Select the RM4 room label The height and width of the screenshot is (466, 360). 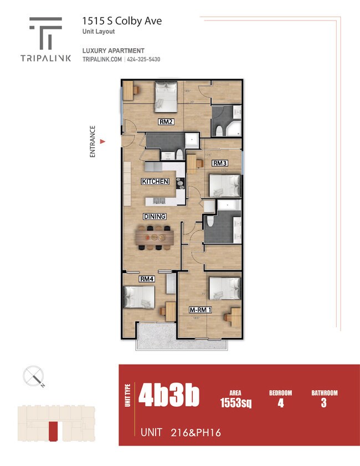coord(146,279)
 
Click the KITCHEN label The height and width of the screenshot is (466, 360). coord(155,182)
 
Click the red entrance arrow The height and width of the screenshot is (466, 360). coord(102,142)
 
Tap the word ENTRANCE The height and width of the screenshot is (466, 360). coord(92,142)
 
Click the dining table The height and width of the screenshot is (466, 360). coord(155,237)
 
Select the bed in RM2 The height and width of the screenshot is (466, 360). coord(165,95)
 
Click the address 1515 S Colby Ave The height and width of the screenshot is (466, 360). coord(122,21)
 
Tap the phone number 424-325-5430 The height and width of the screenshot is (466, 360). coord(143,60)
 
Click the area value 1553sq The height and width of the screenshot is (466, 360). coord(235,403)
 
